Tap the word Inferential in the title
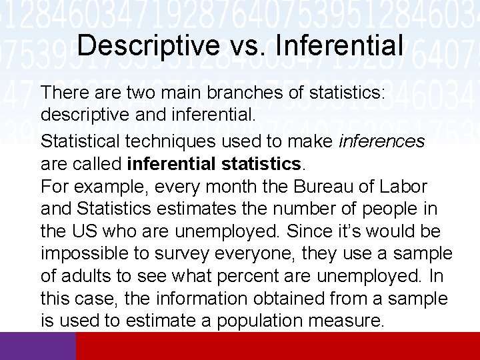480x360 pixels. click(339, 45)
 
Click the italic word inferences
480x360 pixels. click(382, 141)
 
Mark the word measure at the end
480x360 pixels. click(347, 322)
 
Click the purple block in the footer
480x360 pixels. click(38, 346)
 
